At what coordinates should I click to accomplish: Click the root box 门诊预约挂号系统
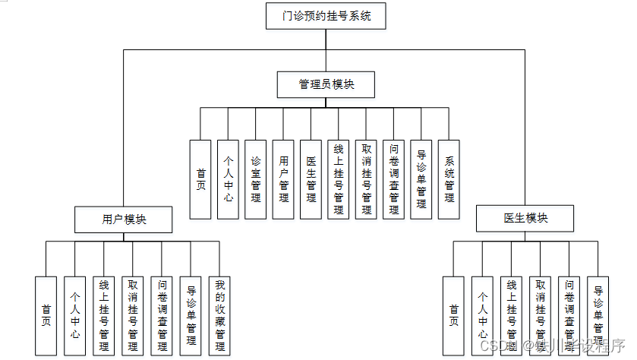pyautogui.click(x=326, y=15)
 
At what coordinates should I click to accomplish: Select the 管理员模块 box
pyautogui.click(x=326, y=84)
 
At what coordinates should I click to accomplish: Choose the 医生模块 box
pyautogui.click(x=525, y=219)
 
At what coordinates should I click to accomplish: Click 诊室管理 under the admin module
pyautogui.click(x=256, y=179)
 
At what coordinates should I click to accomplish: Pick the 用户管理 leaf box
pyautogui.click(x=283, y=179)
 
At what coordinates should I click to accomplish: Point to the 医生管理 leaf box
pyautogui.click(x=311, y=179)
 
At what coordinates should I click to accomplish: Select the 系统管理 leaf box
pyautogui.click(x=449, y=179)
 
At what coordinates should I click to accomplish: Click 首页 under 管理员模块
pyautogui.click(x=200, y=179)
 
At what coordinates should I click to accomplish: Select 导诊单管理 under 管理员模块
pyautogui.click(x=421, y=179)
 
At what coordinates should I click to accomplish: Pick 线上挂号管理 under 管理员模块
pyautogui.click(x=339, y=179)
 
